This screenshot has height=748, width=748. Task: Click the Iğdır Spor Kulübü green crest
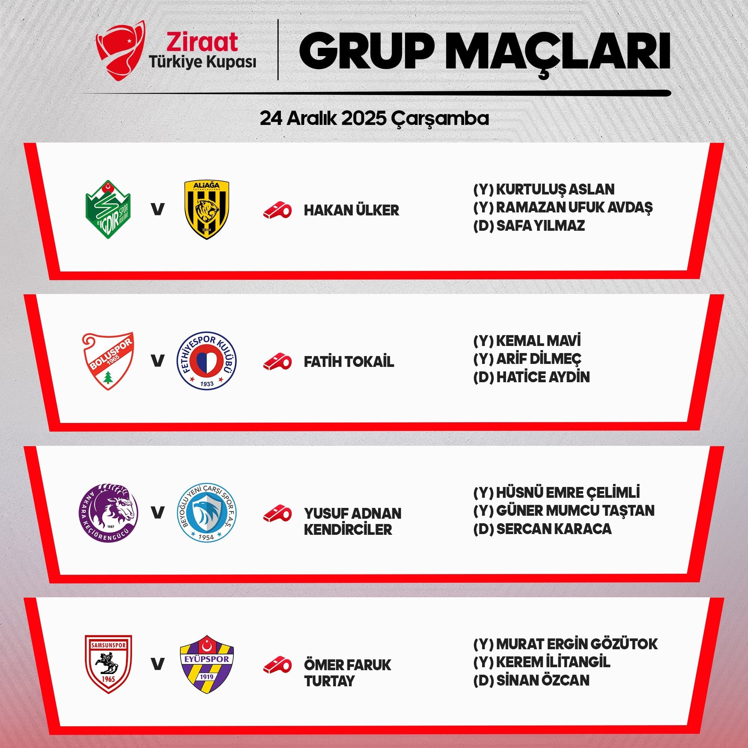[x=108, y=209]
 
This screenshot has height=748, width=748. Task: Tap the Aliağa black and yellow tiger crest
[x=207, y=210]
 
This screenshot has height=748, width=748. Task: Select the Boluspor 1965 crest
[x=108, y=361]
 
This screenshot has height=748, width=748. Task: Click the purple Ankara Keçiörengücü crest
[x=108, y=513]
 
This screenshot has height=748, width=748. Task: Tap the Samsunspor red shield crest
[x=108, y=664]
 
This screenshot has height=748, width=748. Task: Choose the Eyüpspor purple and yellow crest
[x=207, y=664]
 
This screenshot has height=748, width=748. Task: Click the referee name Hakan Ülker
[x=351, y=210]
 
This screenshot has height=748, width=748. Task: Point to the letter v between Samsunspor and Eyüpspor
[x=157, y=664]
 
